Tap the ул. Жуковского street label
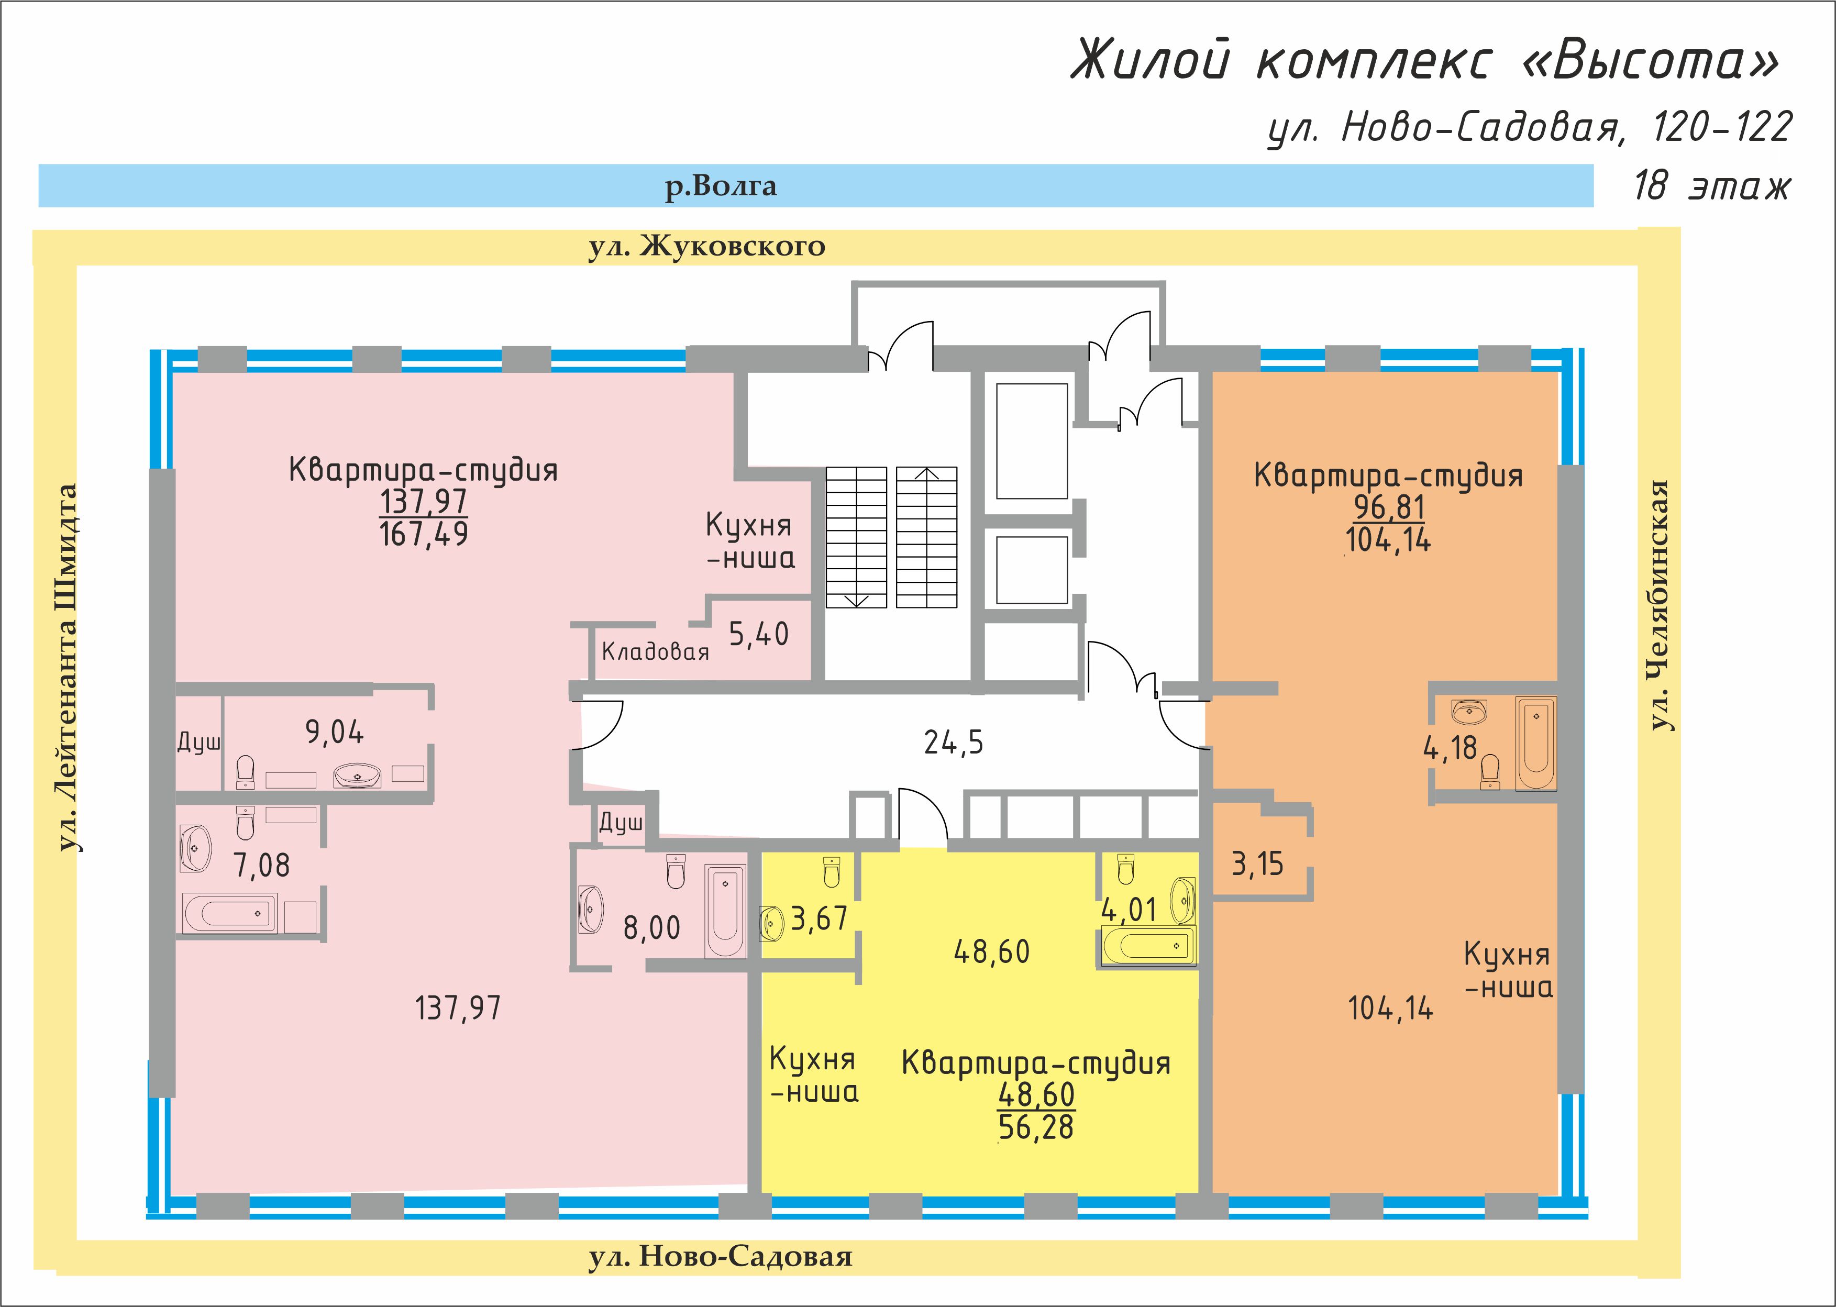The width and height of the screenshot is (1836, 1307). coord(707,246)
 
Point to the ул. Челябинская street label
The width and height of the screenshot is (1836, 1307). coord(1659,605)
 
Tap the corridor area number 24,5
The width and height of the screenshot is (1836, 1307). coord(953,742)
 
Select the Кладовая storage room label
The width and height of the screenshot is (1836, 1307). coord(655,651)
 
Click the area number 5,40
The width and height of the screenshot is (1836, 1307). coord(758,634)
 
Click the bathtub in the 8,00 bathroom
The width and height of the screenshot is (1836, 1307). coord(725,911)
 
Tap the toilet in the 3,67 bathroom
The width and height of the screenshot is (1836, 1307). coord(832,872)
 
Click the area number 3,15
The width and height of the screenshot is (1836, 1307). coord(1257,865)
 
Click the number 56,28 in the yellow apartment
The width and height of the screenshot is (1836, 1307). coord(1036,1127)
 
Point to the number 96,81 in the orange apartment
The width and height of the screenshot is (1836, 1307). coord(1389,507)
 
